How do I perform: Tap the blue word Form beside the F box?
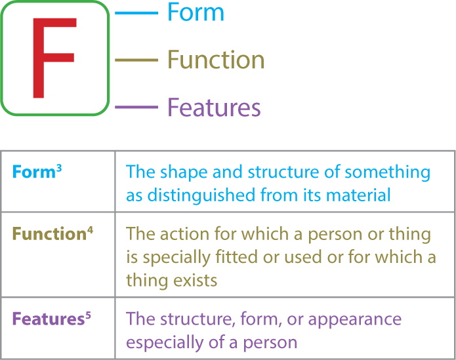(x=196, y=12)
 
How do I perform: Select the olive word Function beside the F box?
(x=216, y=60)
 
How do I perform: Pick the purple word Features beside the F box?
(x=214, y=107)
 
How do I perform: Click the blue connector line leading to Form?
(x=136, y=13)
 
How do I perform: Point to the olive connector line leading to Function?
(x=136, y=60)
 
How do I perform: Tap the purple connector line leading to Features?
(x=136, y=108)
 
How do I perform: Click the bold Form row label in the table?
(x=33, y=172)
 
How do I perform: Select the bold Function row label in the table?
(x=49, y=234)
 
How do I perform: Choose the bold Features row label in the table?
(x=49, y=319)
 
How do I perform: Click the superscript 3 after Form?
(x=59, y=169)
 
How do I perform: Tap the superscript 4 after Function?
(x=90, y=230)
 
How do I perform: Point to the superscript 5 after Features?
(x=88, y=315)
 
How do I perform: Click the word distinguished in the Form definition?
(x=201, y=195)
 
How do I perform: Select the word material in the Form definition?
(x=358, y=195)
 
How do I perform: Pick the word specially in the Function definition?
(x=176, y=258)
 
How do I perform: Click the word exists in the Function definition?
(x=196, y=281)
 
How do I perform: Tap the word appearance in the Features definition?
(x=355, y=320)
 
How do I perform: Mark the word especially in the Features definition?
(x=165, y=342)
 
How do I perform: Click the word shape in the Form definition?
(x=184, y=172)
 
